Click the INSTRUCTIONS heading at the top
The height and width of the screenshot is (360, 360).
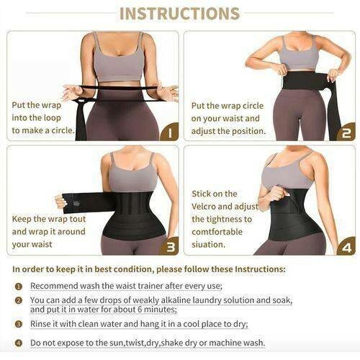pos(179,14)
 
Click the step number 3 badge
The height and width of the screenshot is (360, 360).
pos(170,247)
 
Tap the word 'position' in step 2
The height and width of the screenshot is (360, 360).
pos(243,132)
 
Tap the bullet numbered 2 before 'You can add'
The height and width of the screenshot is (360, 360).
pos(19,300)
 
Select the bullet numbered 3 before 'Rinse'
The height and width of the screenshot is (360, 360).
pos(19,324)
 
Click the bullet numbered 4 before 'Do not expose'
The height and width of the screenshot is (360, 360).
pos(19,343)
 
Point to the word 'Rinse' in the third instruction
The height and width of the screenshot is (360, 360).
pos(42,324)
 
